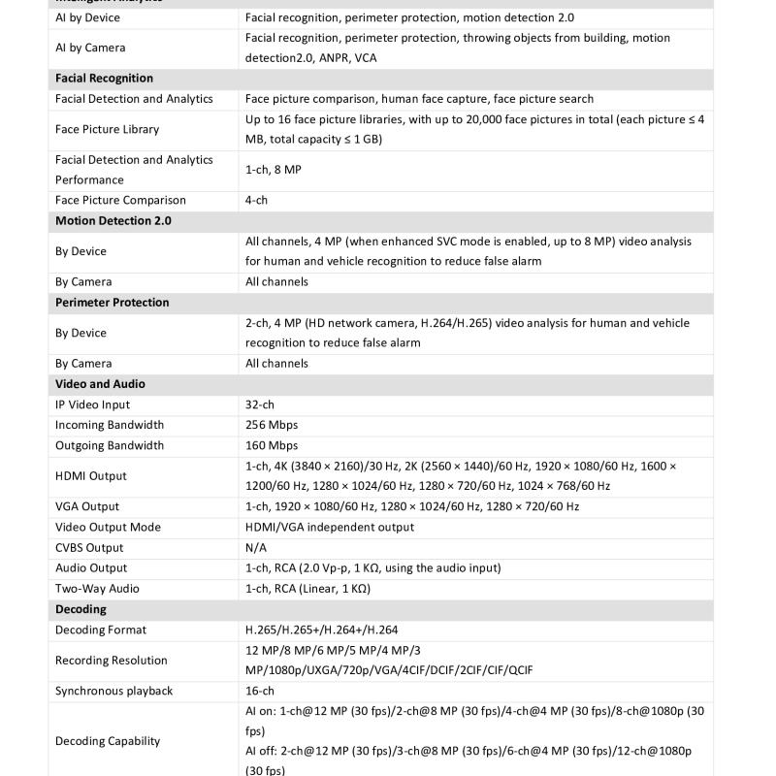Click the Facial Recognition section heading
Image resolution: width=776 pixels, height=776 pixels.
(104, 79)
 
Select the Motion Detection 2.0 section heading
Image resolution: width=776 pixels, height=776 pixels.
(113, 221)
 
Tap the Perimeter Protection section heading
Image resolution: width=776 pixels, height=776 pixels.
(112, 303)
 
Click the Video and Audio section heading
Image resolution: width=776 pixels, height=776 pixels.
(100, 384)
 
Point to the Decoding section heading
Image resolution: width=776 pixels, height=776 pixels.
(81, 609)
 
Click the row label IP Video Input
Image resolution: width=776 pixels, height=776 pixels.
(92, 404)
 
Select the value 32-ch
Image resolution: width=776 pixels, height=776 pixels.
(260, 404)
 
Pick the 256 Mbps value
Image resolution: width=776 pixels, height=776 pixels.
(272, 425)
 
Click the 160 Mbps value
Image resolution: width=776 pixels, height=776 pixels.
(272, 445)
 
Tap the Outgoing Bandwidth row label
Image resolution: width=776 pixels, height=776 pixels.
(110, 445)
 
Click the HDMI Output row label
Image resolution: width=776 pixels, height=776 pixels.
(91, 476)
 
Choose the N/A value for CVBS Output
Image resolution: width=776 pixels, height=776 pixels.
(256, 548)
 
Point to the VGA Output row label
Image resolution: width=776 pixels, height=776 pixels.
(87, 506)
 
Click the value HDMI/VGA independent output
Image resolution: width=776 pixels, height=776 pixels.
(330, 527)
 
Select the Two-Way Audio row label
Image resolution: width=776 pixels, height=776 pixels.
(97, 589)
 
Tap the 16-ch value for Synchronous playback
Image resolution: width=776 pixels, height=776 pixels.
(260, 691)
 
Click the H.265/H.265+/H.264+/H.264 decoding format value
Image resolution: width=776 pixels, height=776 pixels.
(321, 630)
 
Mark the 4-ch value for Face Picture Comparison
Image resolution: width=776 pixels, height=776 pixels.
(256, 201)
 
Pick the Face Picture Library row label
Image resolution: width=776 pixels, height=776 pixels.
(107, 129)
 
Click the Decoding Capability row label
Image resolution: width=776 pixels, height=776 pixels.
(108, 741)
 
